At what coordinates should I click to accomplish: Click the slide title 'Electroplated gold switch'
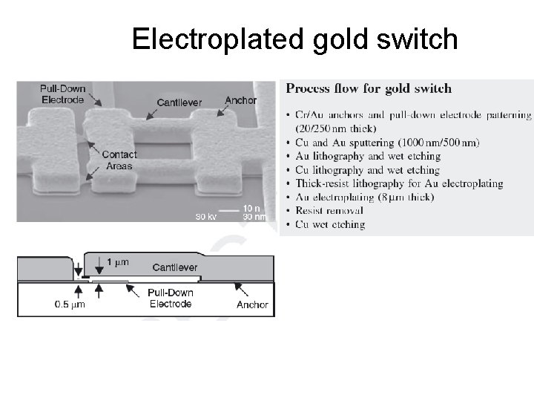point(294,39)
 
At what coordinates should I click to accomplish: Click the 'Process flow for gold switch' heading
point(369,88)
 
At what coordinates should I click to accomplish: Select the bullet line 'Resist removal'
point(329,211)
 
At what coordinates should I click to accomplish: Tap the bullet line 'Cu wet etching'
point(330,224)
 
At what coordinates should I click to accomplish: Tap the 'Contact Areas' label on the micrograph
point(119,160)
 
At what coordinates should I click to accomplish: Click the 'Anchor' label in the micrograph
point(240,100)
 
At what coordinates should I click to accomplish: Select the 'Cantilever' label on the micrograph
point(179,102)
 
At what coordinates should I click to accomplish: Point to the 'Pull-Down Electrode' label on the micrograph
point(62,94)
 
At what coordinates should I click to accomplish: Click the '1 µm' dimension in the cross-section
point(117,262)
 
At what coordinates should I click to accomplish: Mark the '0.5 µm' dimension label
point(70,304)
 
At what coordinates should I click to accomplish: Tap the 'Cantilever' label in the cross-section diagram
point(174,267)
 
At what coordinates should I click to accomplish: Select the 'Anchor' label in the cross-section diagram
point(252,304)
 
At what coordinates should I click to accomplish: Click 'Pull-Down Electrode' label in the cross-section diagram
point(171,298)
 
